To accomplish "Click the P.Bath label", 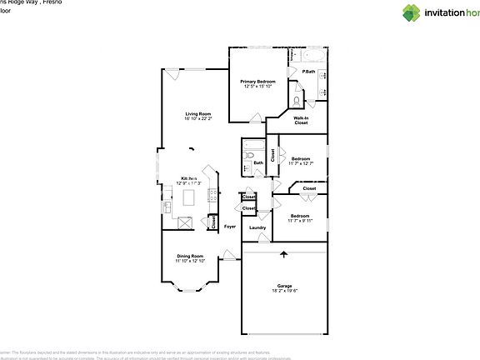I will [308, 72].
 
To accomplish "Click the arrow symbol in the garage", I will [284, 254].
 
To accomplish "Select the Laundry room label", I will [257, 227].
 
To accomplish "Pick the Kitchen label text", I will [190, 178].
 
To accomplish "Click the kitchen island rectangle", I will [189, 197].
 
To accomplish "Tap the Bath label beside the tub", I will [258, 162].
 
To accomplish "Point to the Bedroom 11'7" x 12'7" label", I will [300, 161].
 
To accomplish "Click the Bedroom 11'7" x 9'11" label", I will [300, 218].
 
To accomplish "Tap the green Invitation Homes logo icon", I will [388, 12].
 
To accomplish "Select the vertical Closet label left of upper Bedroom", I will [272, 154].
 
